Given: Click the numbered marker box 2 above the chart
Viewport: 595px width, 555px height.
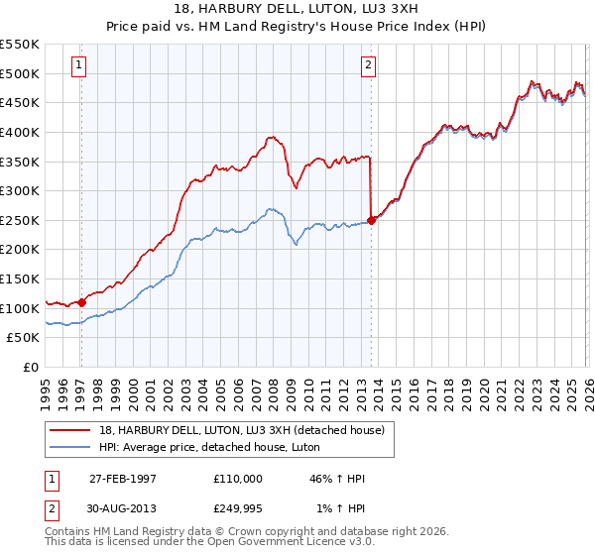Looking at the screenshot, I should pyautogui.click(x=368, y=66).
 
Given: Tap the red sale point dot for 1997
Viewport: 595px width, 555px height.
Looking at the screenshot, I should pyautogui.click(x=81, y=302).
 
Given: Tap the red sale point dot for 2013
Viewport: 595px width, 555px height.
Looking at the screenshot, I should pyautogui.click(x=371, y=221).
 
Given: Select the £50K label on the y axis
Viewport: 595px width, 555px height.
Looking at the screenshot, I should pyautogui.click(x=23, y=338).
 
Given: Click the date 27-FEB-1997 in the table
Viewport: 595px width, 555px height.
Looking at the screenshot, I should pyautogui.click(x=123, y=479).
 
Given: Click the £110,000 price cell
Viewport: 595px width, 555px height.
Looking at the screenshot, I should pyautogui.click(x=238, y=479).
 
